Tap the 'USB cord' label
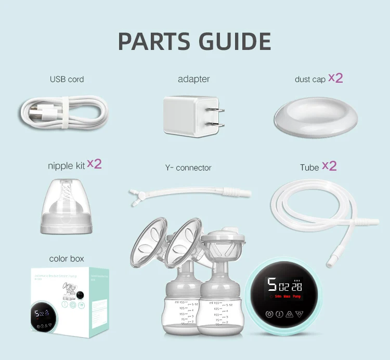67,80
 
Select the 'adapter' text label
193,79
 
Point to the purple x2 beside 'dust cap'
335,78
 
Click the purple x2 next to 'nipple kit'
94,164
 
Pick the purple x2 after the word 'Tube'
329,166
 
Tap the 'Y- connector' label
188,168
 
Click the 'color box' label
67,259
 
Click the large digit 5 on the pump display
271,285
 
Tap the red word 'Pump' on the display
296,297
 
